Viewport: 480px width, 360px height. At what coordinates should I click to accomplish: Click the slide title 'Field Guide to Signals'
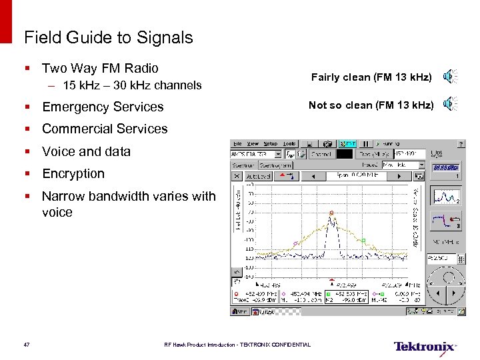(108, 37)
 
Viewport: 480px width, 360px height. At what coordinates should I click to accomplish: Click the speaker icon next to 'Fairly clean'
(451, 77)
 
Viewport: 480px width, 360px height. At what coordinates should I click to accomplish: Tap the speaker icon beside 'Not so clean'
(451, 104)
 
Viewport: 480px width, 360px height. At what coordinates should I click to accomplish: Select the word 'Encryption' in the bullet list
(73, 173)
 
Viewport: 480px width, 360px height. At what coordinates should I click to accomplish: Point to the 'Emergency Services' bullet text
(103, 107)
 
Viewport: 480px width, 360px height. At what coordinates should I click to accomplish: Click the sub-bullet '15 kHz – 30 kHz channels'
(132, 85)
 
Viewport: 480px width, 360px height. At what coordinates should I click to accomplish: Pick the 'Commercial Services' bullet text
(105, 129)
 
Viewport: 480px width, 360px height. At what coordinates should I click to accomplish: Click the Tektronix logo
(425, 347)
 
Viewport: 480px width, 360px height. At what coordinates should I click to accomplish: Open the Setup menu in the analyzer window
(270, 143)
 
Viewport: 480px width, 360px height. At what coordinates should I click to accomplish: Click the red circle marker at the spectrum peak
(331, 213)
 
